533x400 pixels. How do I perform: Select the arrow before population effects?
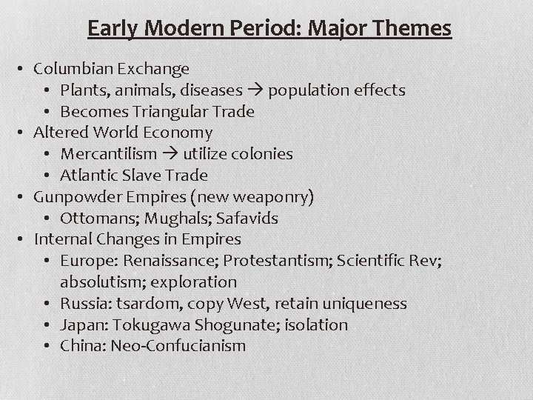pos(255,90)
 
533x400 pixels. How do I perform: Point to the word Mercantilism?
pos(109,154)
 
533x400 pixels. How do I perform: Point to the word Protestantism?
pos(275,261)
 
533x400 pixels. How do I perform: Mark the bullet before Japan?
pos(48,325)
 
